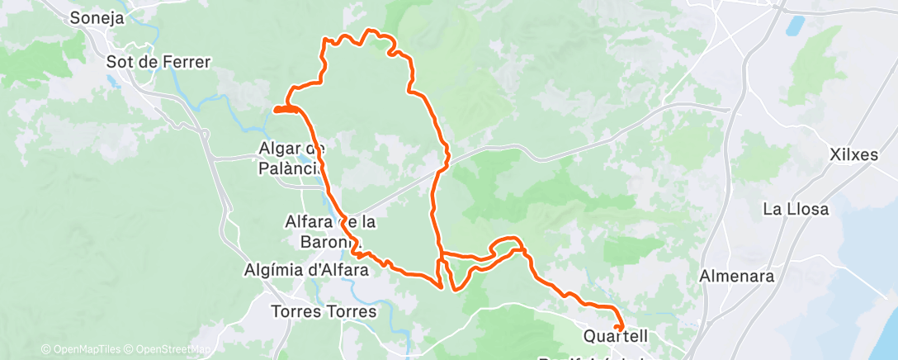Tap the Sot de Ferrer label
click(158, 62)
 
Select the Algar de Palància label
click(292, 157)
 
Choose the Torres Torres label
click(324, 312)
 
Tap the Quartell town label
click(616, 337)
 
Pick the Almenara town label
click(736, 276)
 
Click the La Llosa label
click(796, 209)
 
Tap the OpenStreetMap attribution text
click(174, 349)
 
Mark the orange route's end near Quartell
click(617, 328)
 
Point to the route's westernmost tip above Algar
click(276, 109)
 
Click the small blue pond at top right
click(795, 26)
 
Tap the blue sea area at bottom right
click(867, 314)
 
